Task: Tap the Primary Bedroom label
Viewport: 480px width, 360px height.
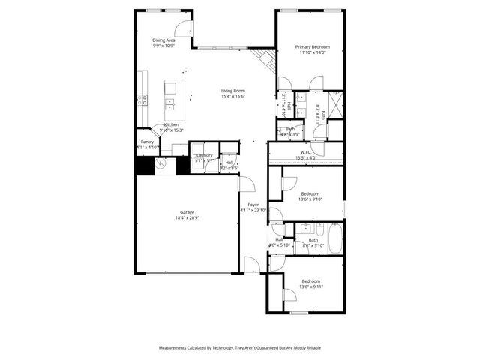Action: coord(312,46)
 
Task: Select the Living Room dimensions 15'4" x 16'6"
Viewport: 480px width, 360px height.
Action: coord(233,96)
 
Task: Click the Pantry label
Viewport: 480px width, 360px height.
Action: coord(147,142)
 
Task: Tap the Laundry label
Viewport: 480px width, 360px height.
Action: coord(205,154)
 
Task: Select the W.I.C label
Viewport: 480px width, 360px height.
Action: coord(305,152)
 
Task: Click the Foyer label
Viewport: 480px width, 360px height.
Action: coord(253,204)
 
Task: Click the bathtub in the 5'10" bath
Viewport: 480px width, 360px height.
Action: coord(334,237)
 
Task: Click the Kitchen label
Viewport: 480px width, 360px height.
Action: coord(171,124)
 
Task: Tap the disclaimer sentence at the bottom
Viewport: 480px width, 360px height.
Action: coord(239,348)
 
